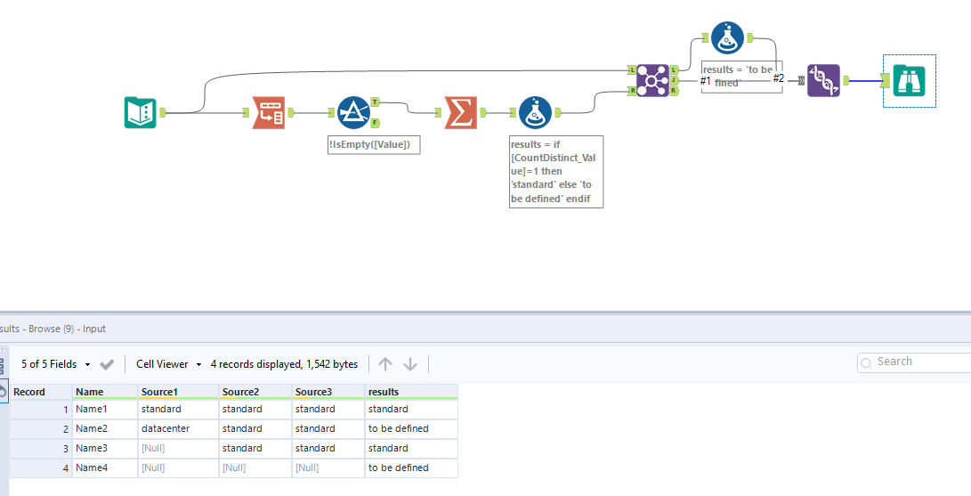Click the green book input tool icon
click(141, 113)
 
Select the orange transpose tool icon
click(269, 113)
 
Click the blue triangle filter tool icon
click(353, 113)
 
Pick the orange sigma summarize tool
click(459, 113)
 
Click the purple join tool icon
click(652, 80)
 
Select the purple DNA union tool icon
click(823, 80)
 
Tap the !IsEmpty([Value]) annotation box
click(373, 144)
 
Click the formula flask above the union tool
click(727, 37)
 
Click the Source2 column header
click(240, 392)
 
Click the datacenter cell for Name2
click(166, 428)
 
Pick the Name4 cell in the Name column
click(91, 468)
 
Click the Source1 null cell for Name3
click(153, 448)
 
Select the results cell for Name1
click(388, 409)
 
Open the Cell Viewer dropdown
click(169, 364)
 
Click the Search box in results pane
click(917, 362)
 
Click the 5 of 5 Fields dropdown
click(56, 364)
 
